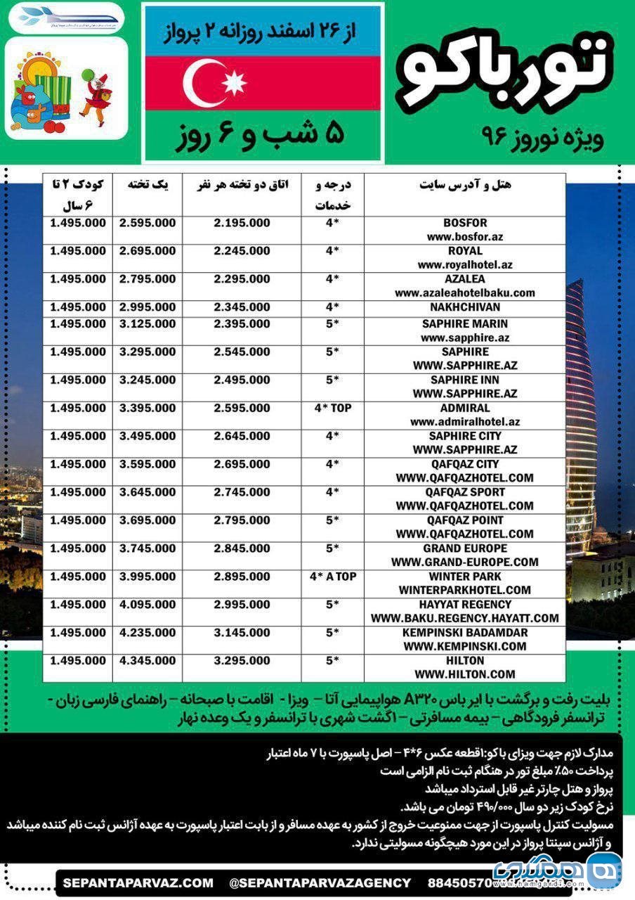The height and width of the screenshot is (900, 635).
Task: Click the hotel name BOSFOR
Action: pyautogui.click(x=465, y=223)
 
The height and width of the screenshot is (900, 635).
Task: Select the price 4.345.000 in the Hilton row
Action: pyautogui.click(x=148, y=661)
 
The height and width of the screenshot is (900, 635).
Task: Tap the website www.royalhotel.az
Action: pyautogui.click(x=465, y=265)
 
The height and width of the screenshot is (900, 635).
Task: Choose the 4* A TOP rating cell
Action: pyautogui.click(x=333, y=577)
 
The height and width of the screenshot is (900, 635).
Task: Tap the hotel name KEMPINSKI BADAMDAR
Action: pyautogui.click(x=465, y=633)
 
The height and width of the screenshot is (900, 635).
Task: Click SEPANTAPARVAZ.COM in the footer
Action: pyautogui.click(x=138, y=882)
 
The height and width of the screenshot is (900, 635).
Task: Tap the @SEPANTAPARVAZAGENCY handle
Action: pyautogui.click(x=320, y=882)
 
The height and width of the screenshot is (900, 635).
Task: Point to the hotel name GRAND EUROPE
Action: pyautogui.click(x=465, y=548)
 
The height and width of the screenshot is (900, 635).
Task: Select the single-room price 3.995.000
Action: pyautogui.click(x=148, y=577)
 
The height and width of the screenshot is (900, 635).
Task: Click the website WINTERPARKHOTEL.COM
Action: pyautogui.click(x=465, y=590)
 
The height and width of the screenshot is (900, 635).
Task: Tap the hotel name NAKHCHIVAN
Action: pyautogui.click(x=465, y=307)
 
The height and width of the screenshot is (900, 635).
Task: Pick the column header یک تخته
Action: pyautogui.click(x=147, y=185)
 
